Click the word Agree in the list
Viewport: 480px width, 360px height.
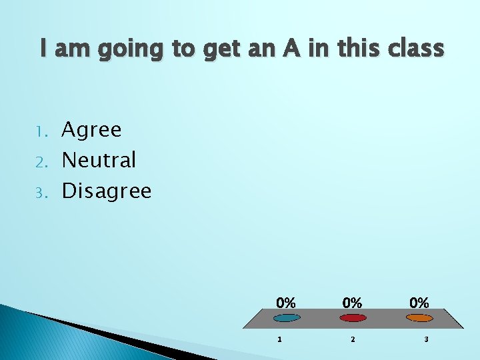(x=91, y=130)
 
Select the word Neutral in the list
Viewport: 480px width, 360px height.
(x=99, y=160)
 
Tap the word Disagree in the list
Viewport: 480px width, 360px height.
(x=107, y=192)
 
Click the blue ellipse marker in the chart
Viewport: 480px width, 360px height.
(x=287, y=318)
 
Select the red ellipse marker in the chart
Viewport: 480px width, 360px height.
(x=353, y=318)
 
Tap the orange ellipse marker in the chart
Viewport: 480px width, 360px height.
(x=419, y=318)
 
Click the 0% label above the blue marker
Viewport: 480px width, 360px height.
(x=286, y=303)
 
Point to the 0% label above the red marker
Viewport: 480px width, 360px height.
(x=353, y=303)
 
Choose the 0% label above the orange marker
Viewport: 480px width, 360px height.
(x=419, y=303)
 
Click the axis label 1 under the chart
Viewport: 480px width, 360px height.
(x=279, y=340)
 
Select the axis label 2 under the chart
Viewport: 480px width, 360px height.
(x=353, y=340)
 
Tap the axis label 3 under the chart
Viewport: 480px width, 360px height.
(x=426, y=340)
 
